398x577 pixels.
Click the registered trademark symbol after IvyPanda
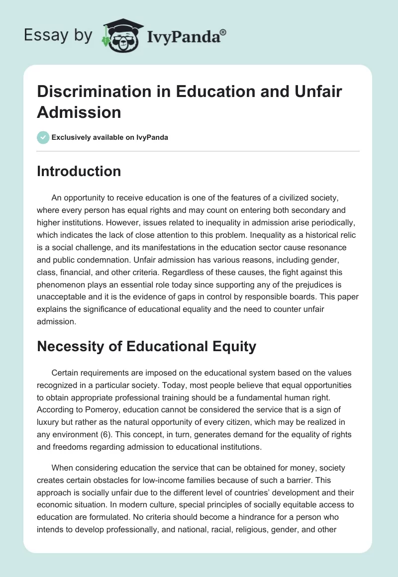[223, 32]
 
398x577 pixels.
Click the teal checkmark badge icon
[43, 137]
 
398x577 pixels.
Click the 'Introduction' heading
[79, 171]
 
